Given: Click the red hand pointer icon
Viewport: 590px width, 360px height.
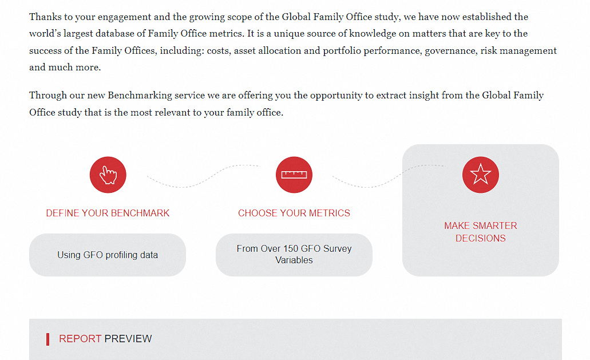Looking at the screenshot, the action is (108, 175).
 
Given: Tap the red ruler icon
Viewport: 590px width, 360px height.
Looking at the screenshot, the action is (294, 175).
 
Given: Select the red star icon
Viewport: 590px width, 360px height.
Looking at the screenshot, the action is (481, 175).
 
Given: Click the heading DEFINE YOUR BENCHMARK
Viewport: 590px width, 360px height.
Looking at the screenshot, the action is (108, 213).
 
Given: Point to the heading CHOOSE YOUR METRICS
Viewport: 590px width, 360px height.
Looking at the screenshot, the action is (294, 213).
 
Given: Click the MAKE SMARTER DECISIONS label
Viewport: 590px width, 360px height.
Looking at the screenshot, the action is (481, 232).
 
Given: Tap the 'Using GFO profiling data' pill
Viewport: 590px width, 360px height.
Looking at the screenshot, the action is (108, 255).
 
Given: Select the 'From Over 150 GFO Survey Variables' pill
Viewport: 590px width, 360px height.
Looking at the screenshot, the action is (294, 255).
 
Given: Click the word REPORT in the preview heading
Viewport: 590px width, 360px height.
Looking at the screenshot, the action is (80, 339).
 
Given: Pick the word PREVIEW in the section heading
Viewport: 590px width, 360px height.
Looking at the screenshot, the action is (128, 339).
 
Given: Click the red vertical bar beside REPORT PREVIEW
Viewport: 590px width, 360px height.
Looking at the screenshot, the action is (48, 339).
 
